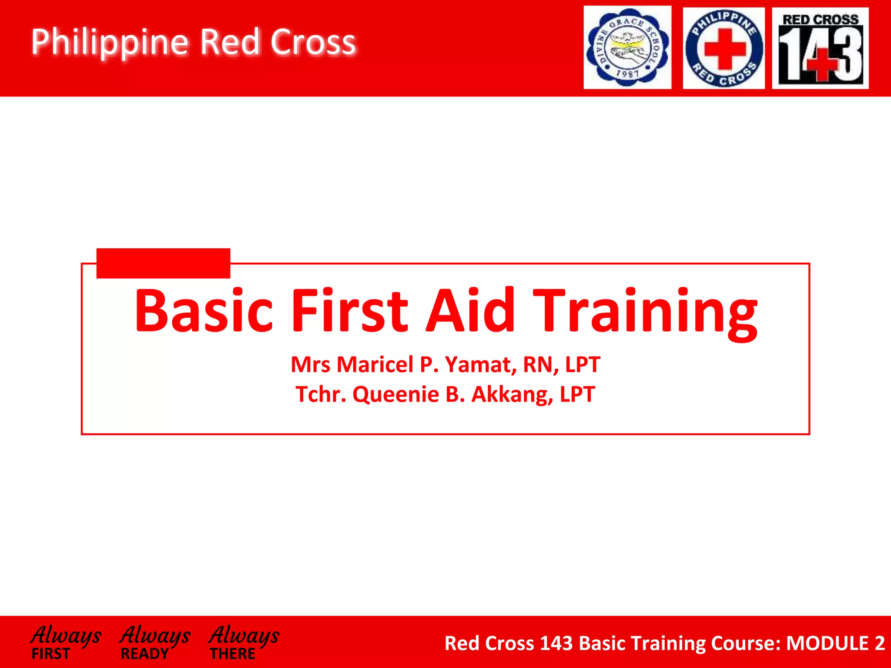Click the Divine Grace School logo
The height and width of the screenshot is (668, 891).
(627, 47)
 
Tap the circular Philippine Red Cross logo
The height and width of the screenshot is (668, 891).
(724, 48)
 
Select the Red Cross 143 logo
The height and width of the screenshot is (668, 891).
(820, 48)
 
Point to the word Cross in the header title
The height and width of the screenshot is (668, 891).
(313, 42)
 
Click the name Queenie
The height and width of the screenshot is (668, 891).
(395, 394)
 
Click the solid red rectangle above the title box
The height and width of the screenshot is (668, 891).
(163, 263)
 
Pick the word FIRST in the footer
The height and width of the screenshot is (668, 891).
(50, 654)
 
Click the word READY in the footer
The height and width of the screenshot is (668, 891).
(144, 654)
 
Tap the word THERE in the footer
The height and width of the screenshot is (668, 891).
(233, 654)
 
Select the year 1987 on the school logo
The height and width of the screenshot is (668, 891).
(627, 74)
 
